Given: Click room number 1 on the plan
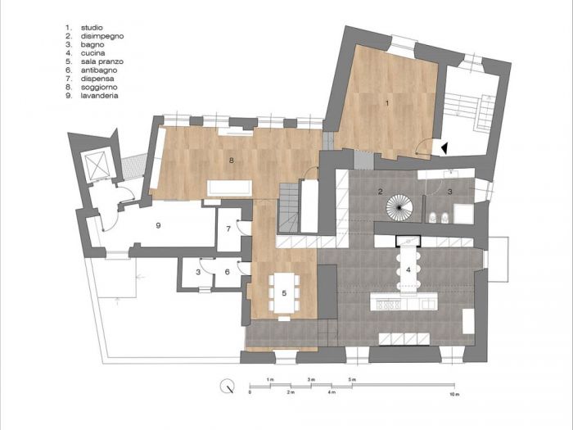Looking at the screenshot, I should click(386, 102).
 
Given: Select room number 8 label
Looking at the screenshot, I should click(232, 161).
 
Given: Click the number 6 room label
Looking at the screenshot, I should click(227, 272).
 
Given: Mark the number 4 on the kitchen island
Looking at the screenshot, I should click(407, 269).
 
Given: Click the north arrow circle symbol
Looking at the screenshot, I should click(229, 385).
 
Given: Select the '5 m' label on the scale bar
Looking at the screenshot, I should click(353, 381).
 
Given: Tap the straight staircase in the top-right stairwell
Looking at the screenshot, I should click(463, 115).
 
